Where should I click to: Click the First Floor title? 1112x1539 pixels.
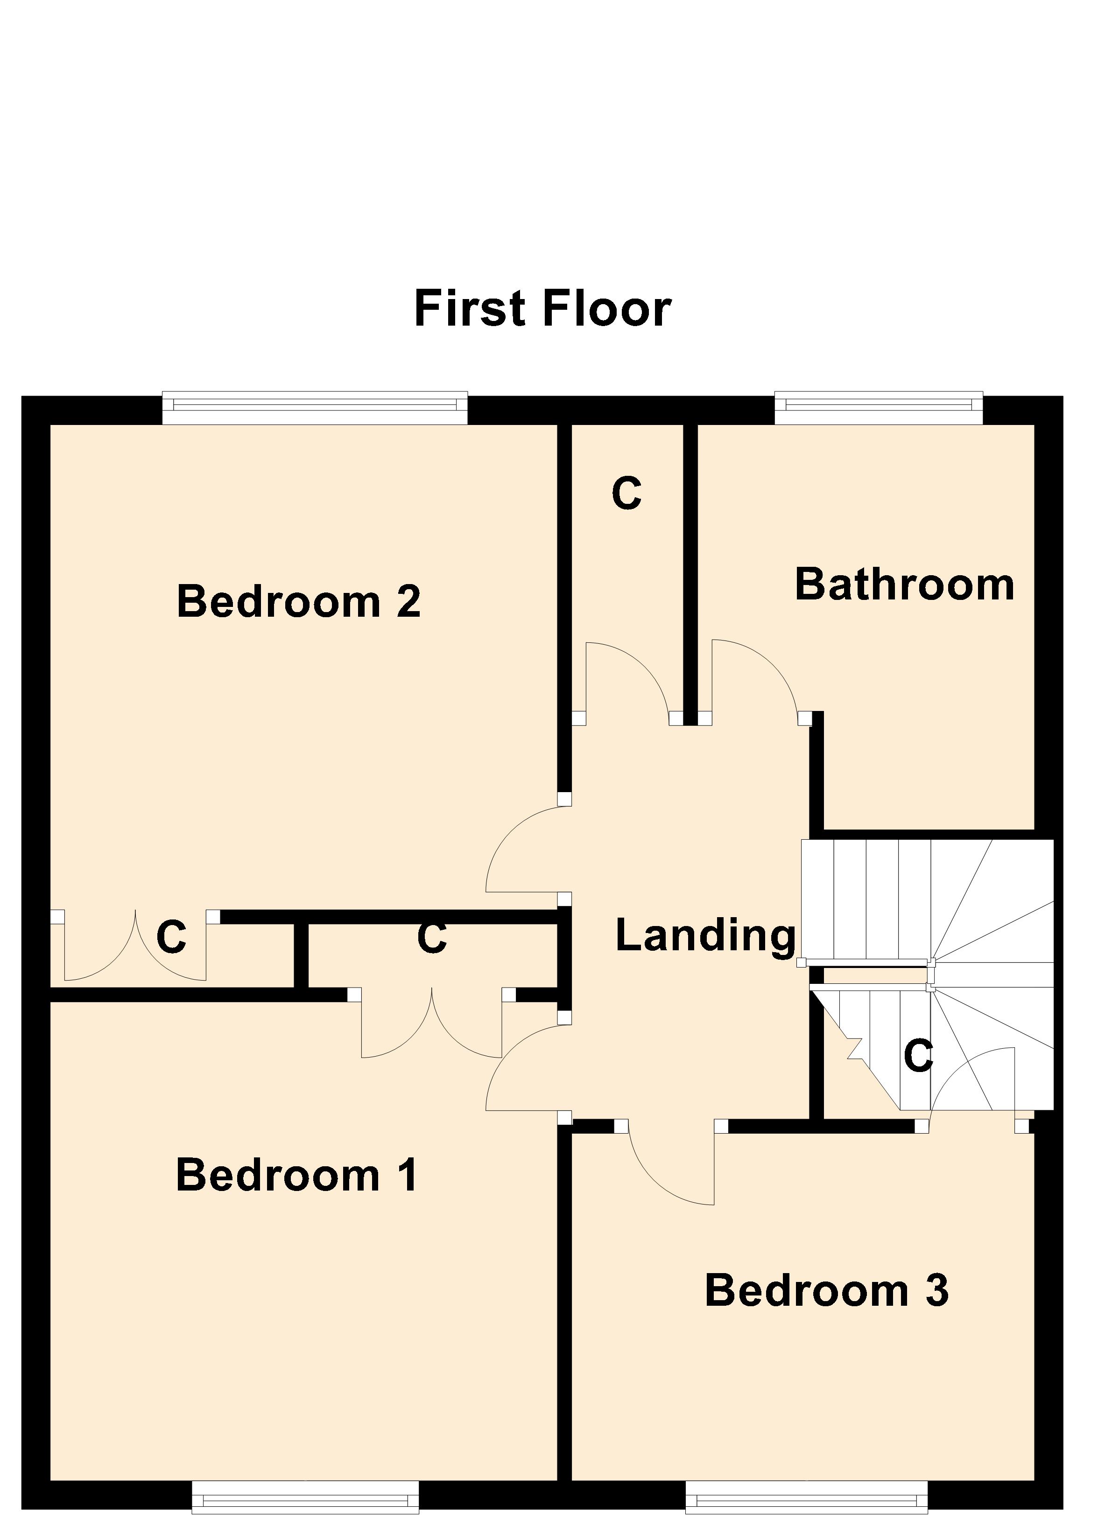[542, 309]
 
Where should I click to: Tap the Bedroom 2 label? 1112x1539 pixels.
[299, 601]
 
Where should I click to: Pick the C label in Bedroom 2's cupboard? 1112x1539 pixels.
[171, 937]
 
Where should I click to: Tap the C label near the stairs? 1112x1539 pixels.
[919, 1056]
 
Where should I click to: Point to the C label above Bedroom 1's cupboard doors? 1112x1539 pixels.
[432, 938]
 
